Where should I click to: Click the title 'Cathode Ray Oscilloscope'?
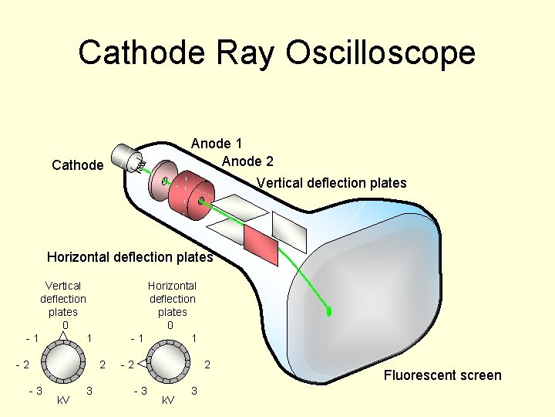pyautogui.click(x=277, y=53)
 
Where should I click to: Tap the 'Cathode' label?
pyautogui.click(x=77, y=164)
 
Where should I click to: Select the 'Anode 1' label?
pyautogui.click(x=217, y=144)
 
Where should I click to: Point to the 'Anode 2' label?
pyautogui.click(x=247, y=161)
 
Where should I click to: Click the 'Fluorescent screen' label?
pyautogui.click(x=442, y=375)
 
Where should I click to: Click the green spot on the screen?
pyautogui.click(x=329, y=312)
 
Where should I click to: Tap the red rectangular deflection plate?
pyautogui.click(x=259, y=243)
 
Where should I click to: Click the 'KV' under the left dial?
pyautogui.click(x=63, y=400)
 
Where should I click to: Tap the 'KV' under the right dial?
pyautogui.click(x=167, y=400)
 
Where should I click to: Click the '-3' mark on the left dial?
pyautogui.click(x=35, y=390)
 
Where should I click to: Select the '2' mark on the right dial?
pyautogui.click(x=207, y=364)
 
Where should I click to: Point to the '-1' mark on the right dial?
pyautogui.click(x=137, y=338)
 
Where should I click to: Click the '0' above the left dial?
pyautogui.click(x=65, y=325)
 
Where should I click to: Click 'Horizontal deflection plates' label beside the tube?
pyautogui.click(x=129, y=257)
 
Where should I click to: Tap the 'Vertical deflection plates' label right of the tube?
pyautogui.click(x=331, y=183)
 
